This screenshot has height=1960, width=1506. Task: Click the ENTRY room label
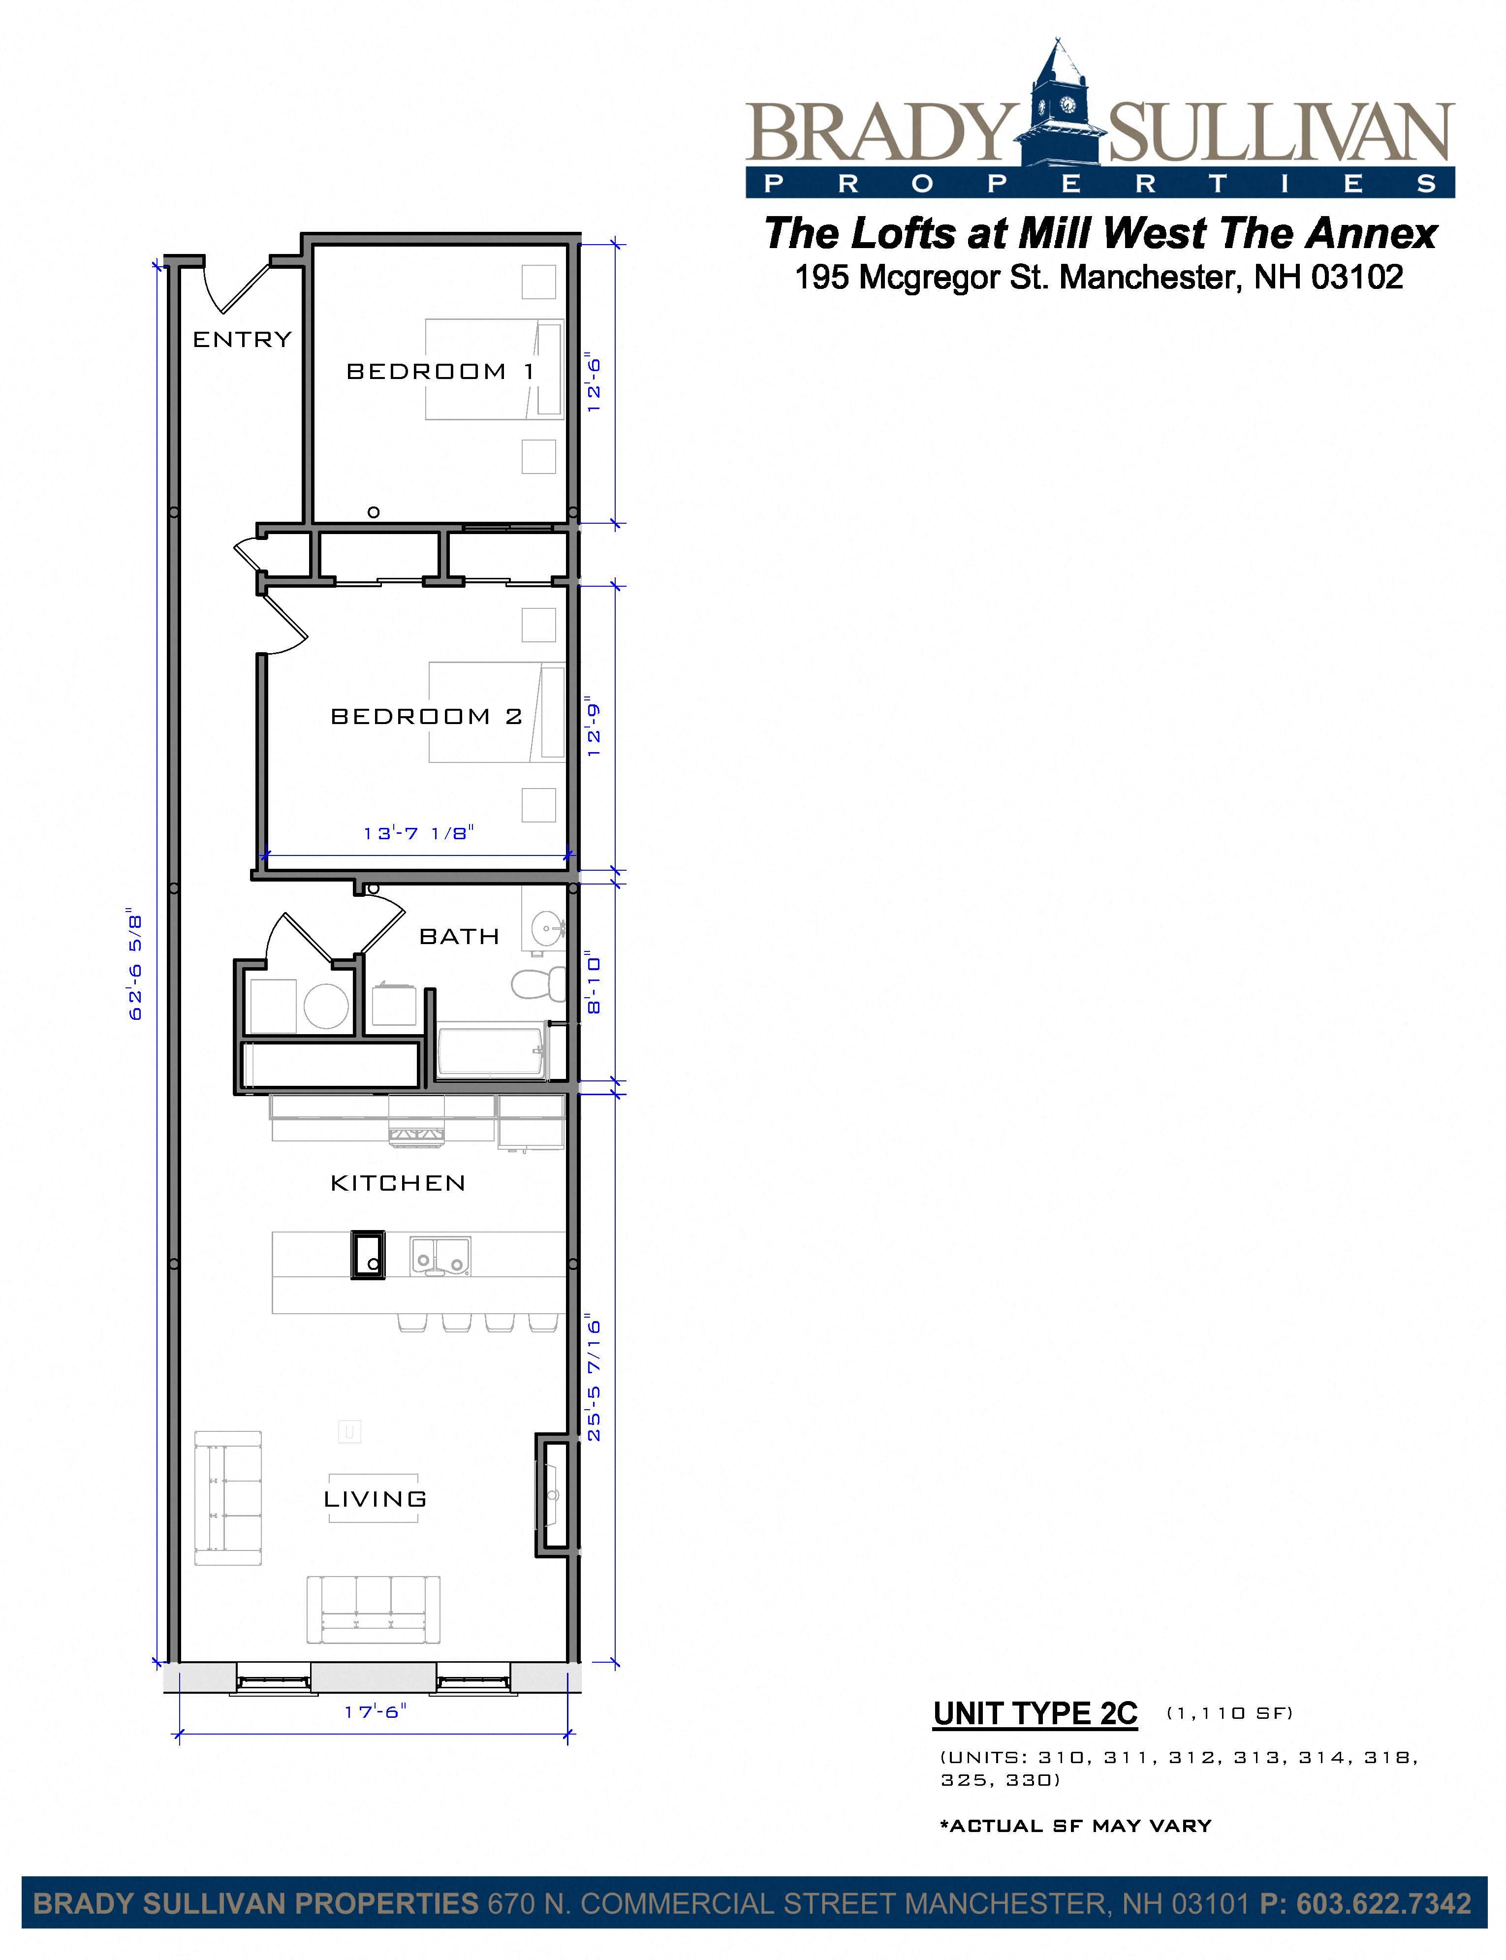pos(242,339)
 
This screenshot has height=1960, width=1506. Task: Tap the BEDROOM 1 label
pos(439,371)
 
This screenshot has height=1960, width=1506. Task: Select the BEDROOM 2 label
pos(426,716)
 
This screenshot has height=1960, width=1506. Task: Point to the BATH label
pos(459,936)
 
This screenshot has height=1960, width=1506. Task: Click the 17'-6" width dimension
pos(375,1711)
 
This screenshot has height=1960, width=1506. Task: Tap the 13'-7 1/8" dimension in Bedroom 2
pos(418,833)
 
